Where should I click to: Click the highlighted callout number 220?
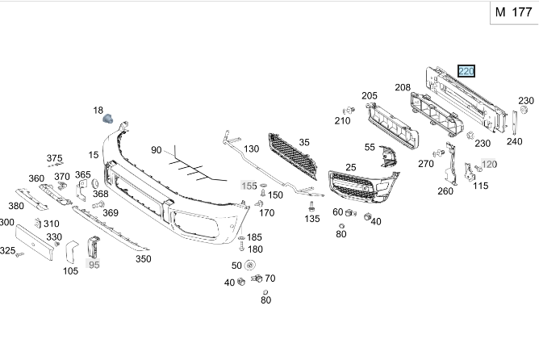[x=466, y=71]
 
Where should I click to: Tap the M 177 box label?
[x=512, y=12]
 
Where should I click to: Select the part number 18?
[x=98, y=111]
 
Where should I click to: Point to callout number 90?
[x=157, y=150]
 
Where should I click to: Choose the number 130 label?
[x=251, y=149]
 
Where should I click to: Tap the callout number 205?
[x=370, y=96]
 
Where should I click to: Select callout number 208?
[x=403, y=87]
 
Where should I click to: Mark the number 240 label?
[x=514, y=141]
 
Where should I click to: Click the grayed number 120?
[x=489, y=164]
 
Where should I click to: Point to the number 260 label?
[x=445, y=191]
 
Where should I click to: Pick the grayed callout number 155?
[x=250, y=186]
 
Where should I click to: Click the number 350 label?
[x=143, y=259]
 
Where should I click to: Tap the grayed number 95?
[x=94, y=264]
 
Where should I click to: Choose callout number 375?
[x=54, y=158]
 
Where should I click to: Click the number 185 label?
[x=254, y=237]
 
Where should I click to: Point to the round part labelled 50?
[x=249, y=266]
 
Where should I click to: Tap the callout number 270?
[x=426, y=164]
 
